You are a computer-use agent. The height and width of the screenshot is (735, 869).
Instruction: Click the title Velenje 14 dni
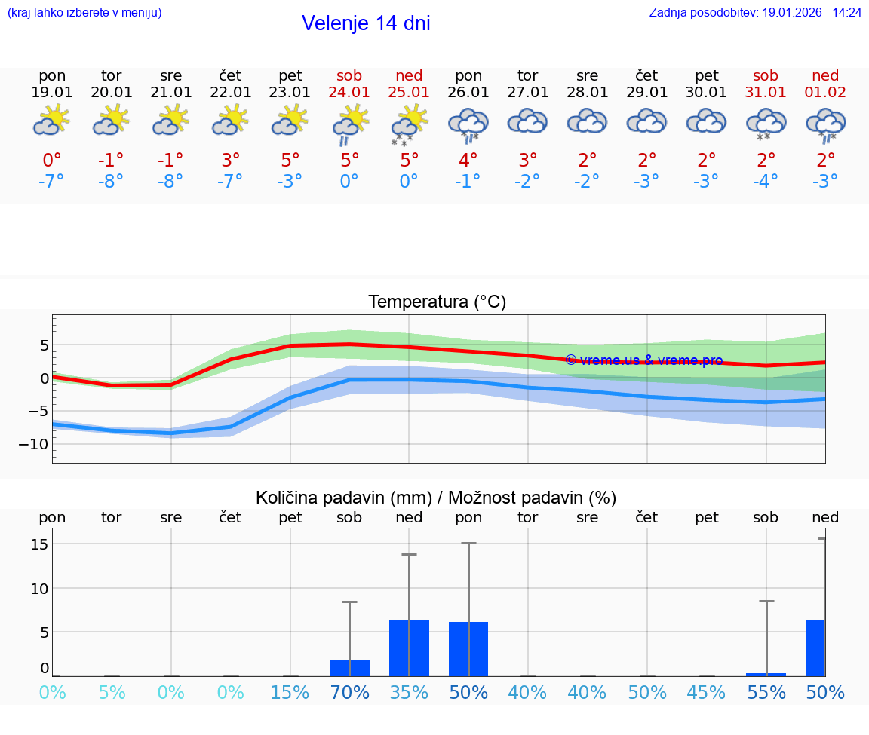[366, 23]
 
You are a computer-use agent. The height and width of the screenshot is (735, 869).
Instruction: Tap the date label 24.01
[349, 93]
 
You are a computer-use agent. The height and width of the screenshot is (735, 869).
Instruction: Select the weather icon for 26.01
[468, 124]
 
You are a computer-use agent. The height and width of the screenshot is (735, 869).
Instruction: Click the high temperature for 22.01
[231, 160]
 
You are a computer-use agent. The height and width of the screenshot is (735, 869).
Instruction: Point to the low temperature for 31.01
[766, 182]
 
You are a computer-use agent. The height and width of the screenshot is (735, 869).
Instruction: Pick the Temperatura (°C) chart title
[437, 302]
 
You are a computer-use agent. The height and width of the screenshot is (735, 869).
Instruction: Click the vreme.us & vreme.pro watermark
[643, 360]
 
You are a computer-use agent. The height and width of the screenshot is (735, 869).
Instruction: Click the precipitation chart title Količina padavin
[435, 498]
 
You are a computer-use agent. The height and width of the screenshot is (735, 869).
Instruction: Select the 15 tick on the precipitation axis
[39, 544]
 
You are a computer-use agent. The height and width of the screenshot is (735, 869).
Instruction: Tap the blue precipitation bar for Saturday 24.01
[349, 668]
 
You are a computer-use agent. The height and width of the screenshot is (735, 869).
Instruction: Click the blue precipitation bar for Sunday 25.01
[409, 648]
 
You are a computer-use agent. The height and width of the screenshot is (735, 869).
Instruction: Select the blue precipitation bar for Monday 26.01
[468, 649]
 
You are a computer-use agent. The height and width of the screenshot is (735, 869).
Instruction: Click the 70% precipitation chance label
[349, 692]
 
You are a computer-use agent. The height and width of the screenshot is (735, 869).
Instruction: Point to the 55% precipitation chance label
[766, 692]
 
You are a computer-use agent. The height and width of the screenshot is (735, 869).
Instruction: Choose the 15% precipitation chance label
[290, 692]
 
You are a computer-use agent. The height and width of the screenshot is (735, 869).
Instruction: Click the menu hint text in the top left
[84, 12]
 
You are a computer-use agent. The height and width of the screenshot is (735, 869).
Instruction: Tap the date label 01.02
[825, 93]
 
